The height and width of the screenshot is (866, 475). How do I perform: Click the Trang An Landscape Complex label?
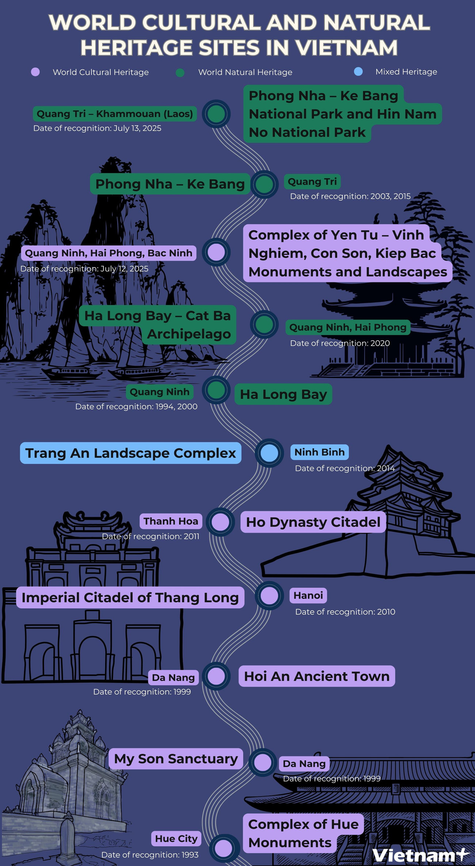pyautogui.click(x=130, y=453)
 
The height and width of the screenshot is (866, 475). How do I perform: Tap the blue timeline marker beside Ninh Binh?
pyautogui.click(x=269, y=453)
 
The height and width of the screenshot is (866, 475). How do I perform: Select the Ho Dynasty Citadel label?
pyautogui.click(x=313, y=522)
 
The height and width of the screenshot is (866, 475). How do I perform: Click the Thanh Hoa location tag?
pyautogui.click(x=171, y=521)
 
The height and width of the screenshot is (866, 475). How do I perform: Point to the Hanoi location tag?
pyautogui.click(x=308, y=596)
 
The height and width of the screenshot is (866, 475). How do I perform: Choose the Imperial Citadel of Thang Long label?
pyautogui.click(x=130, y=597)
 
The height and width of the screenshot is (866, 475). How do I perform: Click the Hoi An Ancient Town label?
pyautogui.click(x=317, y=676)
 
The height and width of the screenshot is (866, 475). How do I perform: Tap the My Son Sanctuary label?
pyautogui.click(x=176, y=759)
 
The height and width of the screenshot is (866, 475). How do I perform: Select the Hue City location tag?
pyautogui.click(x=176, y=839)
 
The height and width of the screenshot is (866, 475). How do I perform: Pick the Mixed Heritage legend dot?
pyautogui.click(x=358, y=72)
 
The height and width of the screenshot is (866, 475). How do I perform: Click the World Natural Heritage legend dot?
pyautogui.click(x=180, y=72)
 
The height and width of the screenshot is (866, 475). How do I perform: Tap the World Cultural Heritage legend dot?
pyautogui.click(x=35, y=72)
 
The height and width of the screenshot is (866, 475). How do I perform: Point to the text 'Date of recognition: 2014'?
pyautogui.click(x=345, y=468)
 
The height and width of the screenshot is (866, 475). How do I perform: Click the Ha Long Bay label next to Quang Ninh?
pyautogui.click(x=283, y=394)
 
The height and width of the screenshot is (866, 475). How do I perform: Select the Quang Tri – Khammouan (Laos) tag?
pyautogui.click(x=115, y=114)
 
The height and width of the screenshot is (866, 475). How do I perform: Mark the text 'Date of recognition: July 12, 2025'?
pyautogui.click(x=84, y=269)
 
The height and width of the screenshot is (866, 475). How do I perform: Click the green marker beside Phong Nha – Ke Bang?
pyautogui.click(x=264, y=184)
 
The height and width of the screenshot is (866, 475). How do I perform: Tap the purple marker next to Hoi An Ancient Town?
pyautogui.click(x=216, y=676)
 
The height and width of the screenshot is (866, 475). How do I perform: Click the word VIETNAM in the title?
pyautogui.click(x=346, y=48)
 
